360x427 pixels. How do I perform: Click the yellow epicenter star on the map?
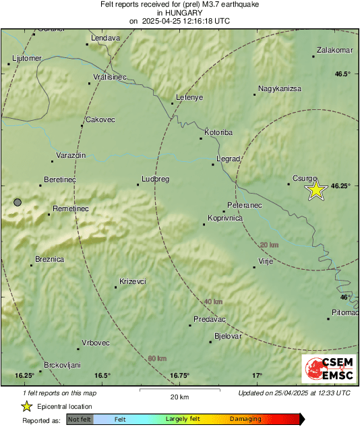[316, 190]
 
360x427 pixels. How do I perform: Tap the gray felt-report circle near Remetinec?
[18, 202]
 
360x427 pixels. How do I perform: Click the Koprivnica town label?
[225, 218]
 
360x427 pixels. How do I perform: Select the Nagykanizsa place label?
[279, 88]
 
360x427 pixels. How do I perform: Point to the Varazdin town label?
[71, 155]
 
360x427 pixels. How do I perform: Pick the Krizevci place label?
[133, 281]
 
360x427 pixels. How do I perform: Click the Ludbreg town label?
[154, 179]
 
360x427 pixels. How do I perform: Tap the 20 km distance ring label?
[269, 244]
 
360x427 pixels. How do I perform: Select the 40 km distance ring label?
[212, 301]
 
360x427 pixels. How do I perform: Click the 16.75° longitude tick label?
[179, 375]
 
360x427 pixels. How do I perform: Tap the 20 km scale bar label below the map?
[179, 396]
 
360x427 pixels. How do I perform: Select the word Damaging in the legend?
[245, 419]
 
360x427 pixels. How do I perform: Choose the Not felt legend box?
[80, 419]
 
